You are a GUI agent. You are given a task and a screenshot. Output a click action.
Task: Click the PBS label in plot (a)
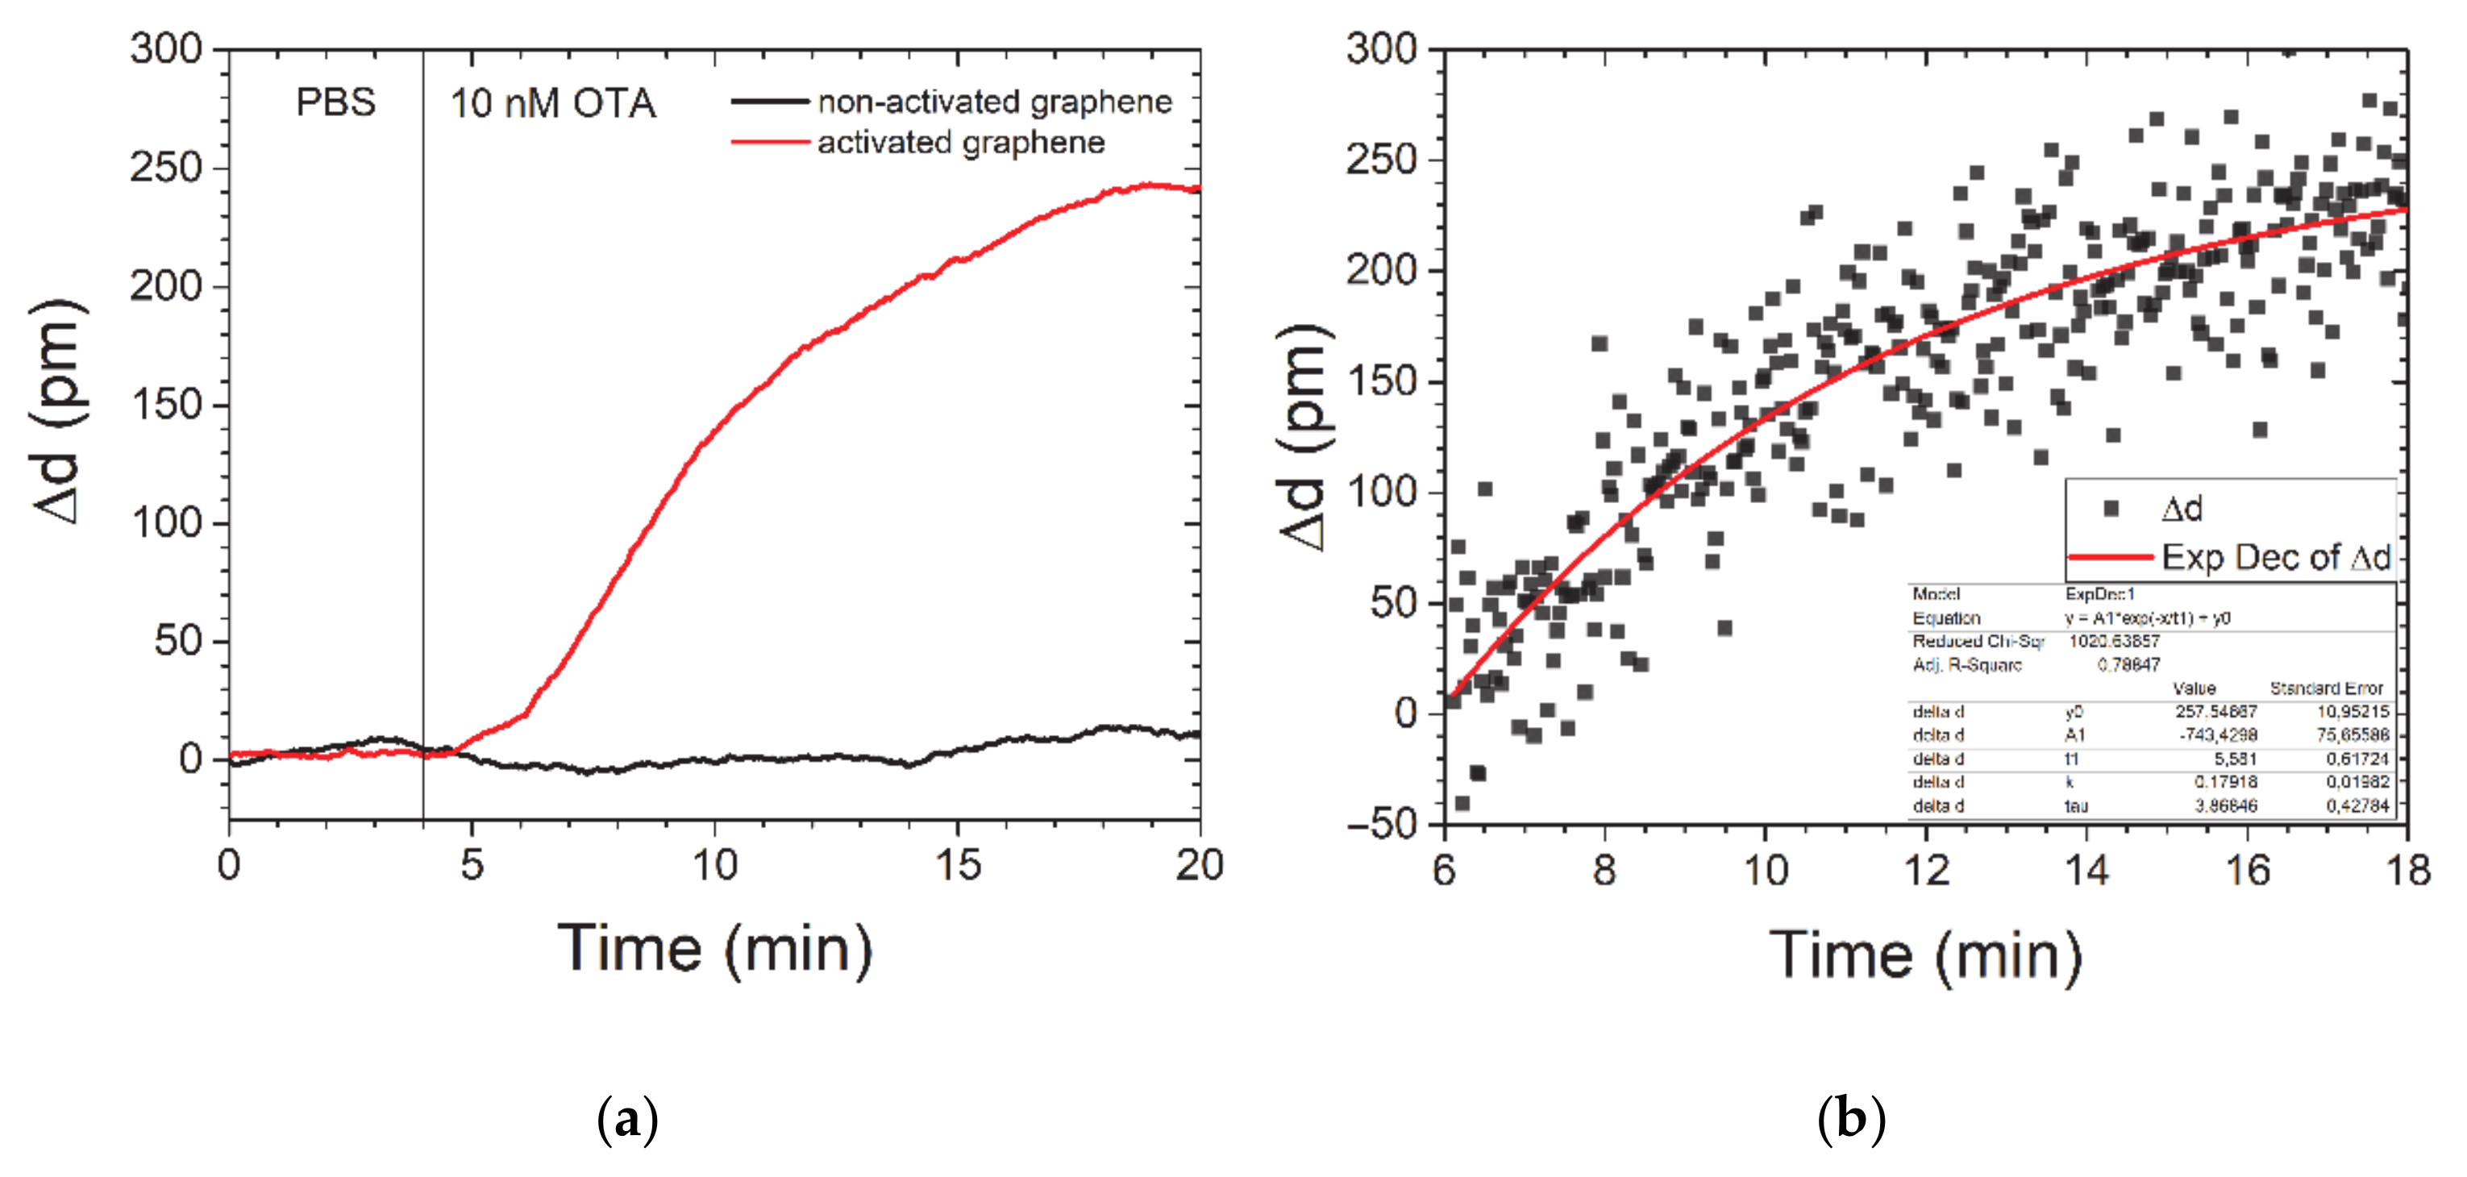click(x=335, y=102)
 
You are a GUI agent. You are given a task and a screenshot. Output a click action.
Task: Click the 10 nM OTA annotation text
click(x=552, y=103)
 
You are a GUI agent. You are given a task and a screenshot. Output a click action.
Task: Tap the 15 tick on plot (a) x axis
click(x=958, y=866)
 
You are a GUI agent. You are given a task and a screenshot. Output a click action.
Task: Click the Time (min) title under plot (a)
click(x=714, y=949)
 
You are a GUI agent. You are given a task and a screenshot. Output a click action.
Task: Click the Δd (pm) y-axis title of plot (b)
click(x=1305, y=437)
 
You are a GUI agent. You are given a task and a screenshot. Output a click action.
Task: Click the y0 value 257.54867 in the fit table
click(x=2215, y=712)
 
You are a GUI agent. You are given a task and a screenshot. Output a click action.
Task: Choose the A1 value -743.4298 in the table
click(x=2218, y=734)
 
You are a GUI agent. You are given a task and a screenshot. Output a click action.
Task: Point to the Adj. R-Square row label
click(x=1966, y=664)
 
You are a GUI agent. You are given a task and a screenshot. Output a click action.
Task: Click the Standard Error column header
click(x=2325, y=688)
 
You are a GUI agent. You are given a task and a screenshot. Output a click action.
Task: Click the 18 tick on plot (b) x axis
click(x=2407, y=870)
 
